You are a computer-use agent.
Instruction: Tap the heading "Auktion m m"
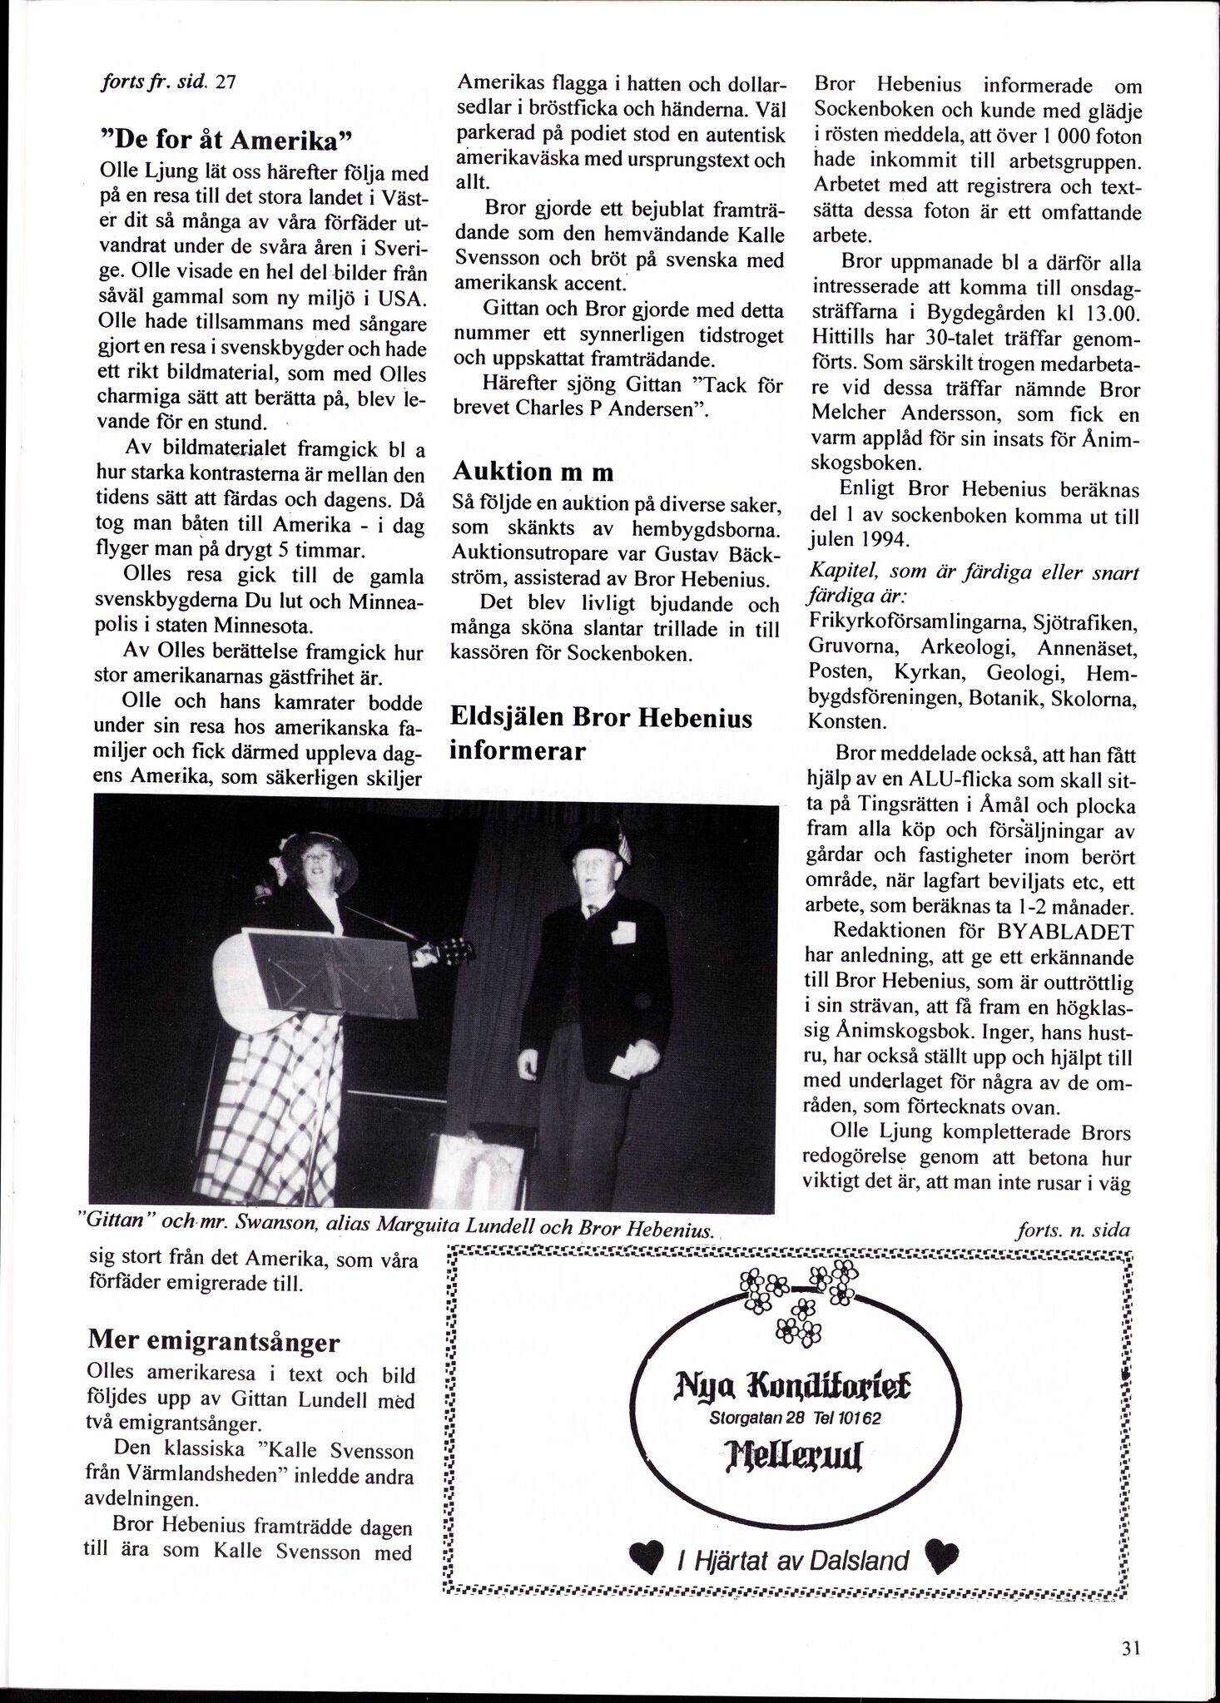533,472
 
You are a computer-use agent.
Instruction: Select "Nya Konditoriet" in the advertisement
787,1388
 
